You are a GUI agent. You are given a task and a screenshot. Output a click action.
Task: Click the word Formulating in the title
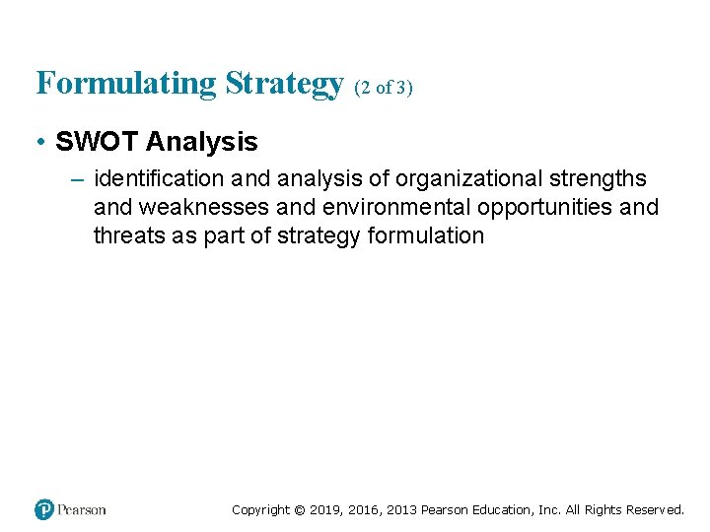(x=126, y=84)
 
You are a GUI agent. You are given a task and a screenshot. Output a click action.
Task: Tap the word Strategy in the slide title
(x=283, y=84)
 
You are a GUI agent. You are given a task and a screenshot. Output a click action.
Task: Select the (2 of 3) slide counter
(x=383, y=88)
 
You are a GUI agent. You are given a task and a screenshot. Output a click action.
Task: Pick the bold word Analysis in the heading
(x=201, y=142)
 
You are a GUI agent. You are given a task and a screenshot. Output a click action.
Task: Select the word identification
(x=158, y=178)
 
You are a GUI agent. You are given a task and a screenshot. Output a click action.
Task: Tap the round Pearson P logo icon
(x=44, y=509)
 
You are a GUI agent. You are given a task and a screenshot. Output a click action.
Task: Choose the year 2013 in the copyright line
(x=399, y=509)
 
